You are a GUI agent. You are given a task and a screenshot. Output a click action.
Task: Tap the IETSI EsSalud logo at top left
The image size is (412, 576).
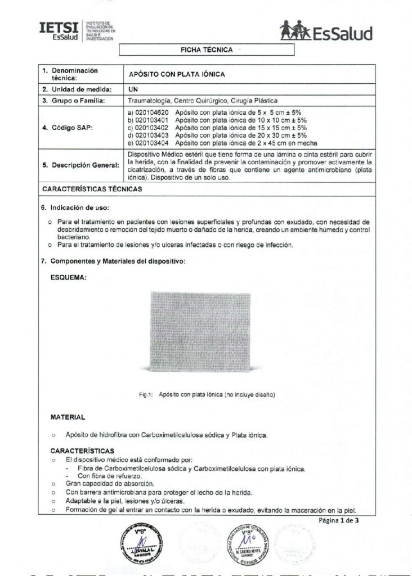(76, 30)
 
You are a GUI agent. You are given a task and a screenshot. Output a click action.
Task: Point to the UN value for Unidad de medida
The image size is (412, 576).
(133, 89)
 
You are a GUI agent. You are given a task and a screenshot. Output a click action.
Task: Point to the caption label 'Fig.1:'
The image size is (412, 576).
(146, 395)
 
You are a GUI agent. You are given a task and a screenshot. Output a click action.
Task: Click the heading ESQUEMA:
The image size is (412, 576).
(69, 277)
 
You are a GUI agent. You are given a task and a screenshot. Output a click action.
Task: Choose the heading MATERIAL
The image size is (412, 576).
(68, 417)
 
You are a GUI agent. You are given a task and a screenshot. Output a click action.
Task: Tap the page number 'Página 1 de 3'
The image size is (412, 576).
(338, 520)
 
